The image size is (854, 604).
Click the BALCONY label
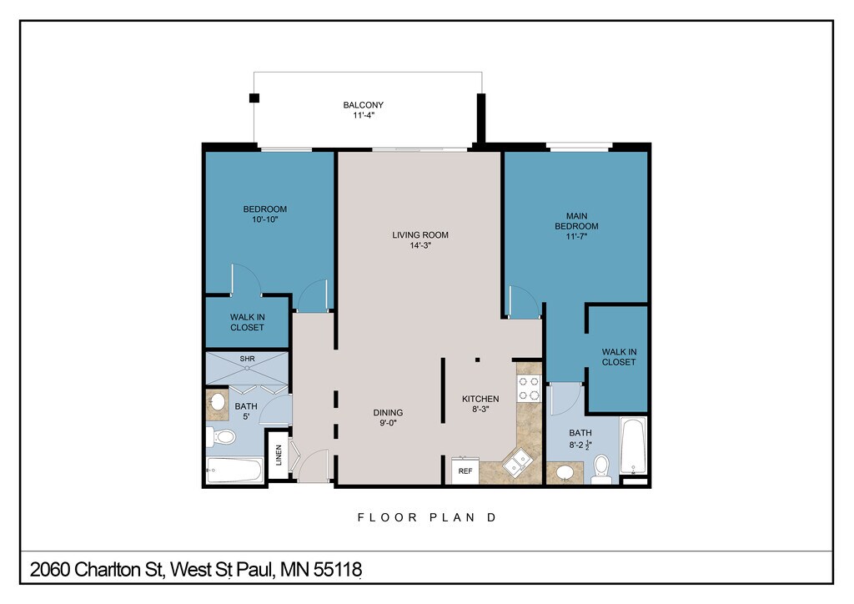click(364, 104)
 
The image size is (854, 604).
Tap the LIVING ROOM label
click(420, 234)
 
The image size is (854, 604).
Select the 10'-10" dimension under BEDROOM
click(265, 219)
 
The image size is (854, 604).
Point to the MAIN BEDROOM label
click(577, 220)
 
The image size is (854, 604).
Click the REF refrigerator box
click(465, 471)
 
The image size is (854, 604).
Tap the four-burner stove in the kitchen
click(528, 388)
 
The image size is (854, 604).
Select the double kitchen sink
click(517, 463)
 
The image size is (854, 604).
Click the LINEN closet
click(279, 455)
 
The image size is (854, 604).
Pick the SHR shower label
click(247, 359)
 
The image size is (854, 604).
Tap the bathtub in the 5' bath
click(234, 470)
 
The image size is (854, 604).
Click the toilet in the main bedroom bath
click(601, 470)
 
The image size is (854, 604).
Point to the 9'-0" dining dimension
click(389, 423)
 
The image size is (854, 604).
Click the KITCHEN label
click(480, 399)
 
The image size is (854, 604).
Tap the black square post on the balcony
click(254, 98)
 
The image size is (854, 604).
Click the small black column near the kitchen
click(477, 360)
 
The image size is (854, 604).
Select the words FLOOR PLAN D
click(426, 517)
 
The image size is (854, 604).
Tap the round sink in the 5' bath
click(218, 402)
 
